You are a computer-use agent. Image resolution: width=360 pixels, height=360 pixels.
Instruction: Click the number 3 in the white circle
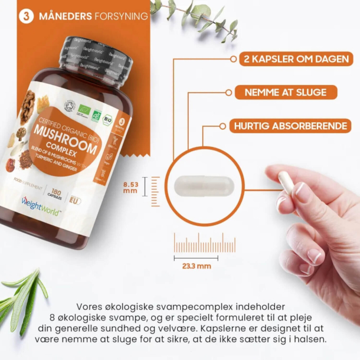point(26,17)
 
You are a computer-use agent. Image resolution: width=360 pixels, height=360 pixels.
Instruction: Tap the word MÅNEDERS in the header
point(64,17)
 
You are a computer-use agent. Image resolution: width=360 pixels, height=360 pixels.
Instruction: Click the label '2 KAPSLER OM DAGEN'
point(296,58)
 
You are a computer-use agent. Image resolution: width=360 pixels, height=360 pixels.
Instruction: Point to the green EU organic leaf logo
point(96,116)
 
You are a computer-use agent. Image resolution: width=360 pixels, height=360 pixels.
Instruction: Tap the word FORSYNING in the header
point(120,17)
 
